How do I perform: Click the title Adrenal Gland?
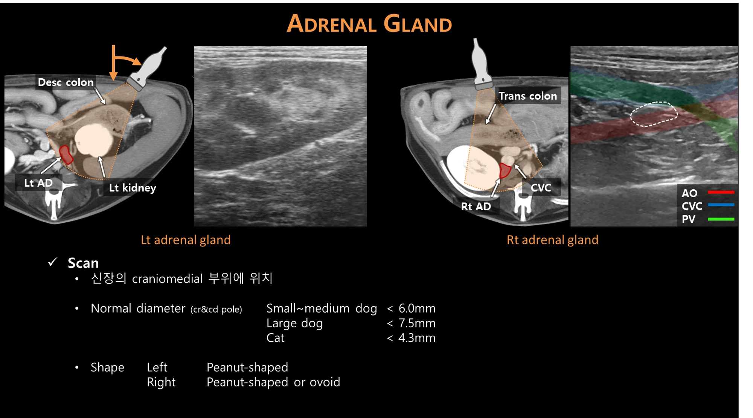[369, 24]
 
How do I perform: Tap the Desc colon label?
[66, 82]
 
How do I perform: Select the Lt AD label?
[38, 183]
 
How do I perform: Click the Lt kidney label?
[133, 188]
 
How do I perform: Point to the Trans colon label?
[527, 96]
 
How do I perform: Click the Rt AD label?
[476, 207]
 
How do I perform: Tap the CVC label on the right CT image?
[541, 187]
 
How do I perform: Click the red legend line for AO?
[721, 192]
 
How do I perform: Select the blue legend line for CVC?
[721, 205]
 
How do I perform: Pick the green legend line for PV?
[721, 219]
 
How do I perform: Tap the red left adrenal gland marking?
[66, 155]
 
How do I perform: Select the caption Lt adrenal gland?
[186, 240]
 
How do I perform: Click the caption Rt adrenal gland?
[552, 240]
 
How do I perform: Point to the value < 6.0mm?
[411, 309]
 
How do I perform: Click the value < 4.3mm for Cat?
[411, 338]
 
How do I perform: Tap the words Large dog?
[294, 324]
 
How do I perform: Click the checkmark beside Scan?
[53, 262]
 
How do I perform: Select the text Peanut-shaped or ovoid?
[273, 382]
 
